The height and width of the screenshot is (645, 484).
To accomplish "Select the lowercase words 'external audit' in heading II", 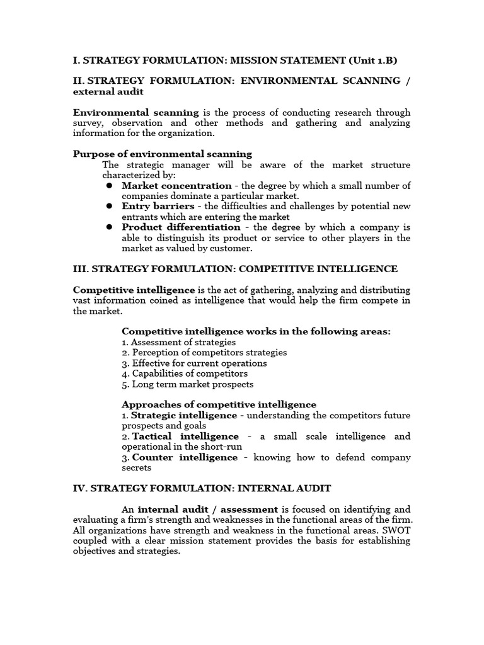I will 108,91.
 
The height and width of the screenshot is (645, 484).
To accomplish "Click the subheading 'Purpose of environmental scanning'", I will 163,154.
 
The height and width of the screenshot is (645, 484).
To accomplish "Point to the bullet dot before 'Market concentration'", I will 109,186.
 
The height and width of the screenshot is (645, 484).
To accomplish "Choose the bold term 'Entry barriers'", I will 158,207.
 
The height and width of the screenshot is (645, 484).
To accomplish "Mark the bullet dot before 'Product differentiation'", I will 109,227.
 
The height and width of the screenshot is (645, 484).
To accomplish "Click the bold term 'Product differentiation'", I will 181,227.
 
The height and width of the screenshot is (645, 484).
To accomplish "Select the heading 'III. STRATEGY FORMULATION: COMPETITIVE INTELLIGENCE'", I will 235,269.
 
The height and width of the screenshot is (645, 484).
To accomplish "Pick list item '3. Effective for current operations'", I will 194,363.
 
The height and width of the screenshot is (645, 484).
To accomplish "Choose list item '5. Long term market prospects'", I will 187,384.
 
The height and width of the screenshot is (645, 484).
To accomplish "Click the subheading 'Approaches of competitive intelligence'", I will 219,404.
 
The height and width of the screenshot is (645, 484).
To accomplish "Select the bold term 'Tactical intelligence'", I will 185,436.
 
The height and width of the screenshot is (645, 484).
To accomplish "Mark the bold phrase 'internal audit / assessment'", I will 208,509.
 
